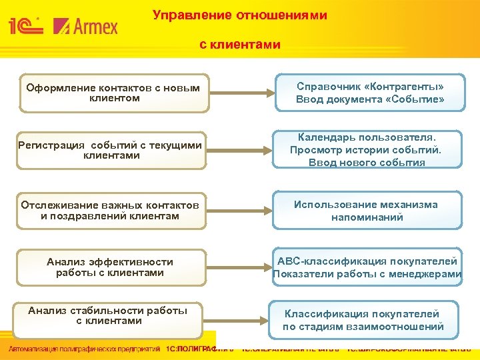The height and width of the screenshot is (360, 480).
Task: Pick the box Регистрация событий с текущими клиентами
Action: point(110,150)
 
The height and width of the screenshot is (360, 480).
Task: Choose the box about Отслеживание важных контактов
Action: point(110,211)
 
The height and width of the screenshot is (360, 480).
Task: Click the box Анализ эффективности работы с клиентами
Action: point(110,267)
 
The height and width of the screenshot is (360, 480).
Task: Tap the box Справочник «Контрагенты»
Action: point(370,93)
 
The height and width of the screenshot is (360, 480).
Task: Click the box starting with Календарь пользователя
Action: point(367,149)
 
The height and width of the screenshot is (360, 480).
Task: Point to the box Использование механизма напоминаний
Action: point(367,211)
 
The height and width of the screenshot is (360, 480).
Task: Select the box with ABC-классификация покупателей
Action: point(367,267)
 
